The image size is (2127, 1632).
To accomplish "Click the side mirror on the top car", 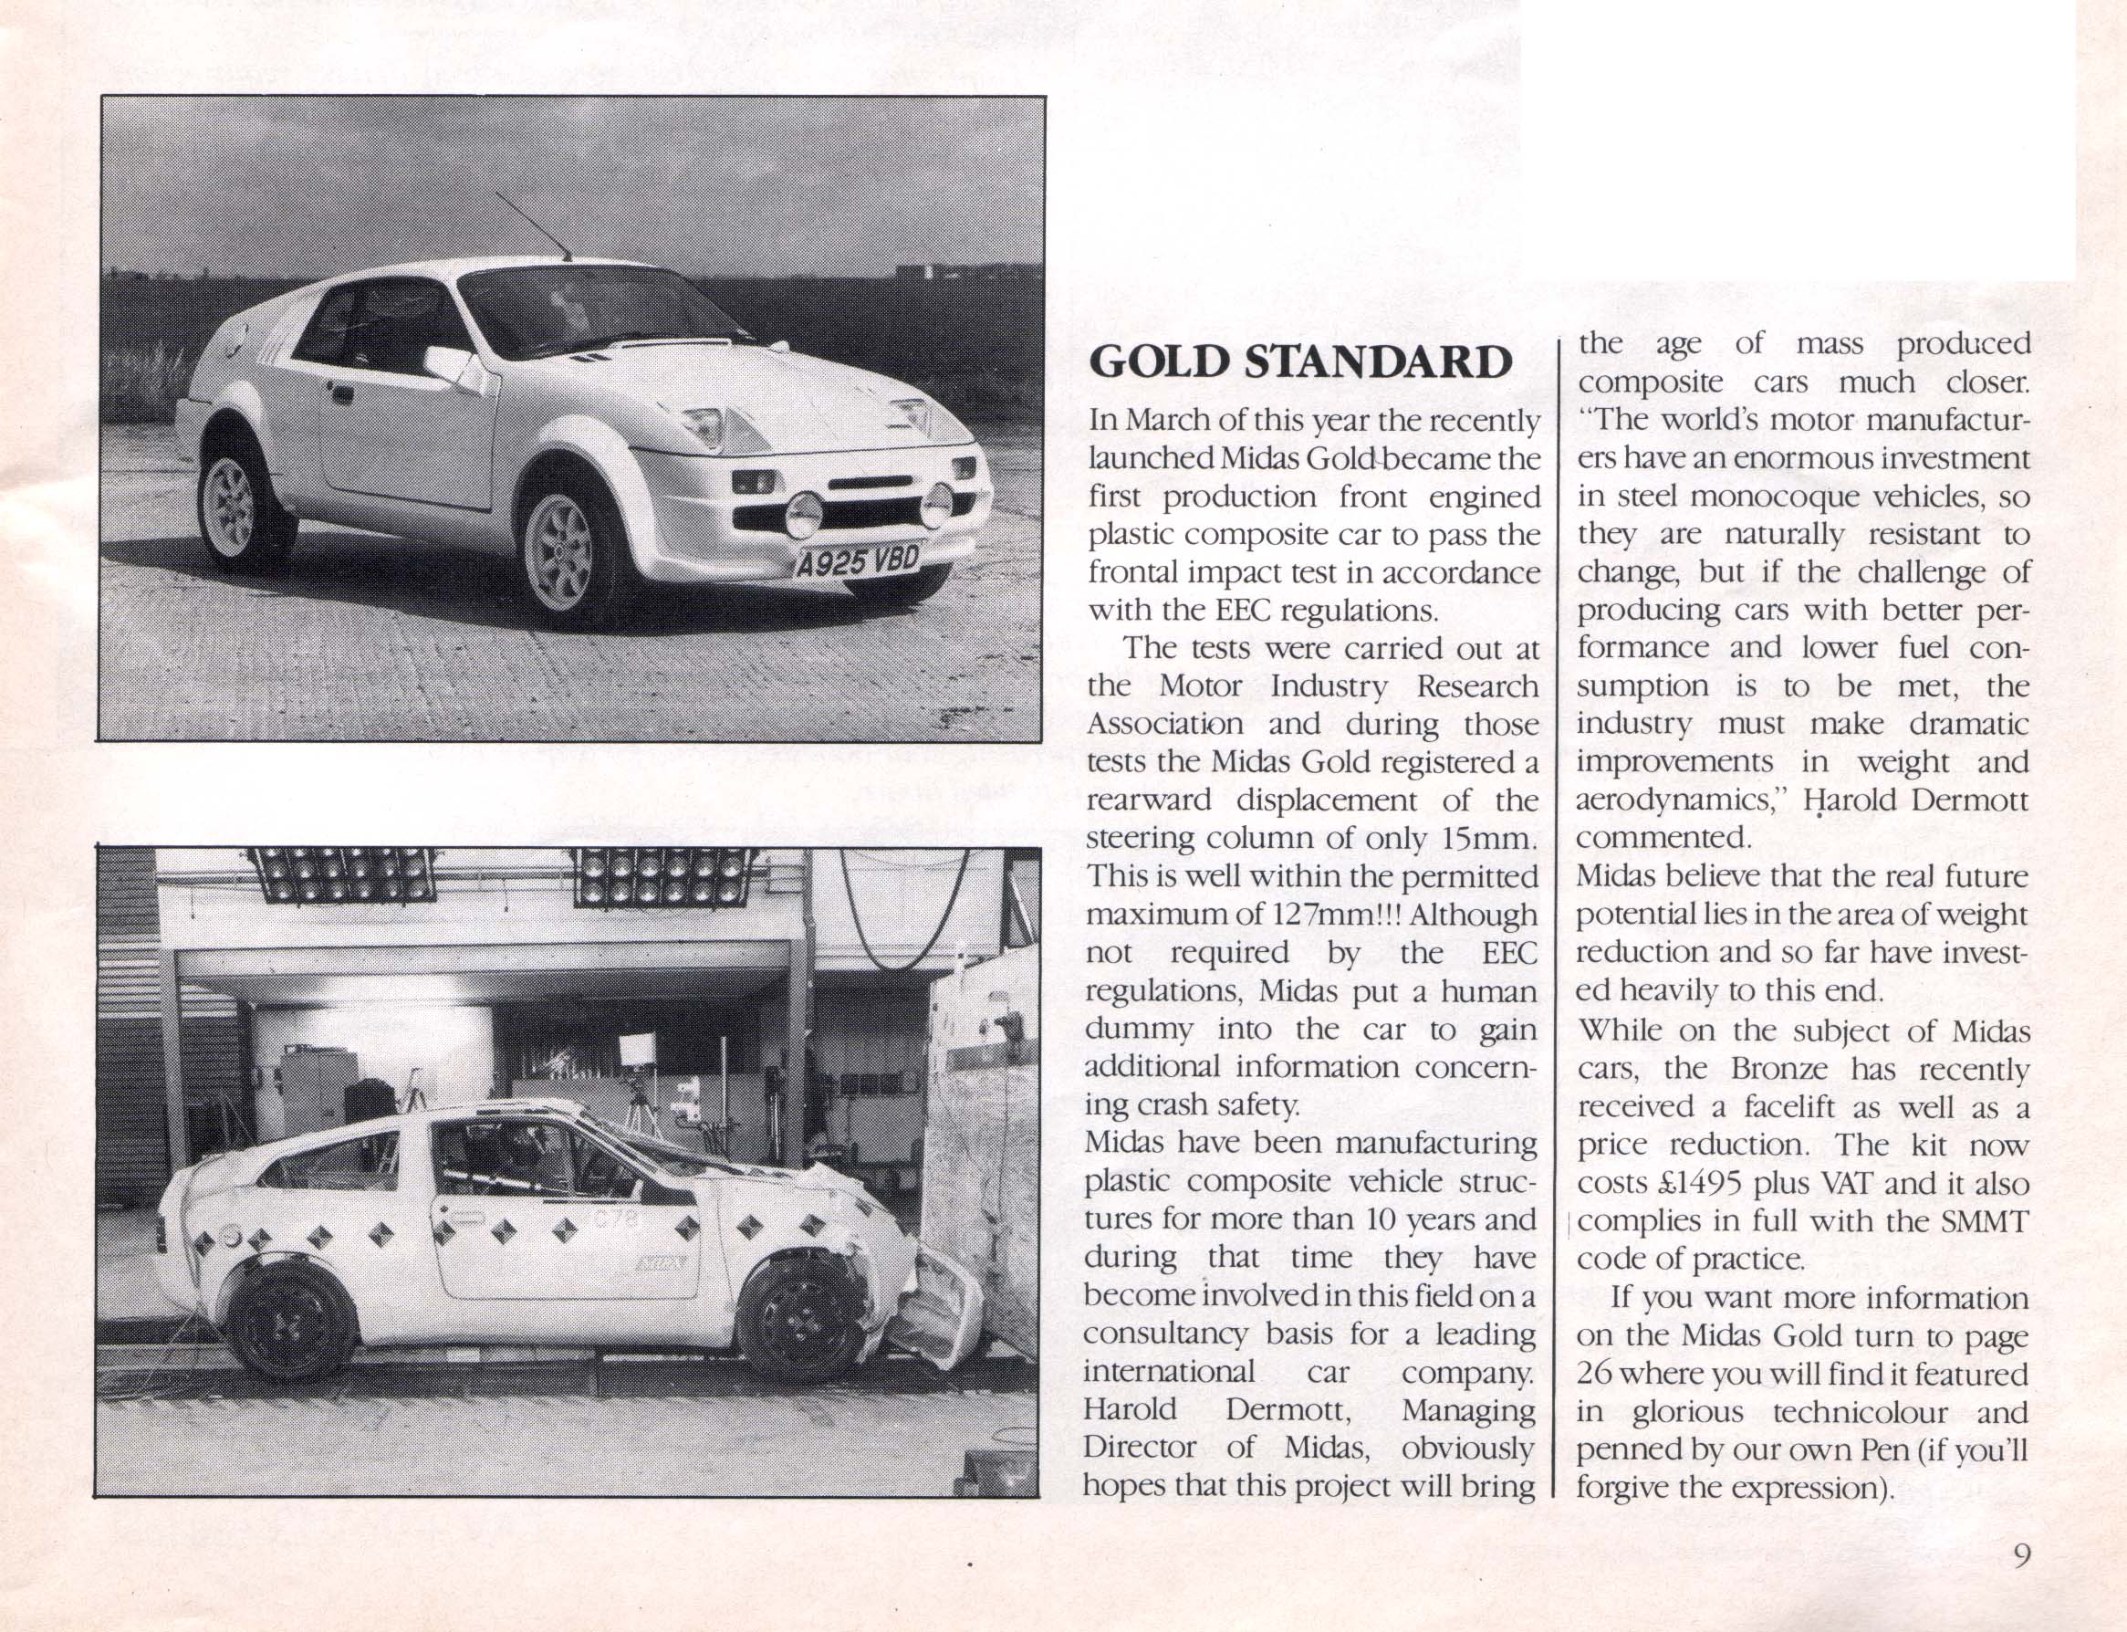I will point(448,364).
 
